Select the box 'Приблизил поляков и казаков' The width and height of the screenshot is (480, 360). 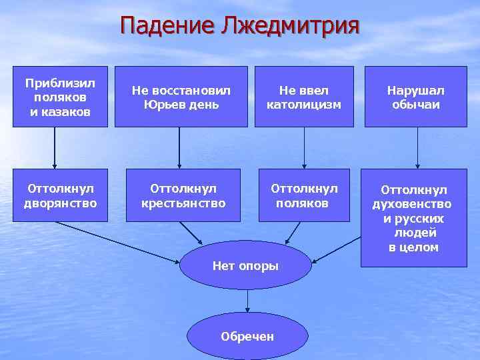[x=61, y=97]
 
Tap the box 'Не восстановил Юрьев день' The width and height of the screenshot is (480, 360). [x=181, y=97]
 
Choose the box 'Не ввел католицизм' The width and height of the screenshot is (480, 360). [x=303, y=97]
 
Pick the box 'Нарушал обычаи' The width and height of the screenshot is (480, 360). [x=416, y=97]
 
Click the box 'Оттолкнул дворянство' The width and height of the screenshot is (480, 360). [x=61, y=195]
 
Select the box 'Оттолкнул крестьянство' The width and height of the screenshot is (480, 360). [x=183, y=195]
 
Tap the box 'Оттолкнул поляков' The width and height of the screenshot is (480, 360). [x=304, y=195]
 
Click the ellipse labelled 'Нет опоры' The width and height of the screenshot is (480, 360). [x=245, y=265]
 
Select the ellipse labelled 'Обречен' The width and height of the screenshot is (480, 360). [x=247, y=336]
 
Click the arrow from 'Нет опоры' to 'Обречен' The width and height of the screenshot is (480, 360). [x=247, y=301]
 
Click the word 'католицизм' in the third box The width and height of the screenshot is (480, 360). [x=303, y=105]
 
